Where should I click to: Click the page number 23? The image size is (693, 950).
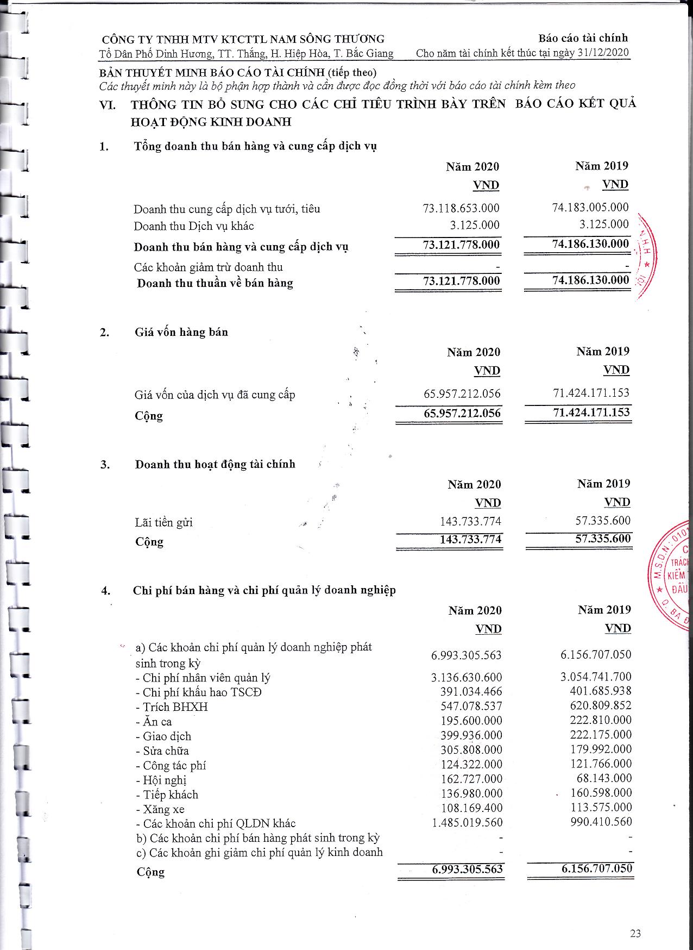635,934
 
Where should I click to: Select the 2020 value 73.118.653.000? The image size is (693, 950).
461,208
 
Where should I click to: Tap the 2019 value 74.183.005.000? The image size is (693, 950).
590,207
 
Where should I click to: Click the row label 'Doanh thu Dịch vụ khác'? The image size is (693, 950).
194,226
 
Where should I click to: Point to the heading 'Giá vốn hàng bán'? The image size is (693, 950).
181,332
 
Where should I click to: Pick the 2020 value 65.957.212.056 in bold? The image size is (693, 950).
462,413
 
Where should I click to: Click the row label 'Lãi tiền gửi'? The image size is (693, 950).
164,523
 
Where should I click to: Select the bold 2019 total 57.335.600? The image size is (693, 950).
603,539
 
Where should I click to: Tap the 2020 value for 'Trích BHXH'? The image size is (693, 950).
471,707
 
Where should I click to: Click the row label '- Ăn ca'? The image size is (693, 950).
154,722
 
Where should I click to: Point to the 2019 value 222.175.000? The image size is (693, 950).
601,735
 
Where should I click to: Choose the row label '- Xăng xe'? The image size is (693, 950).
160,809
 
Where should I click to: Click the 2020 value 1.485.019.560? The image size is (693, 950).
468,823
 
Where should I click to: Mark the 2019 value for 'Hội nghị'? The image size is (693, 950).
604,778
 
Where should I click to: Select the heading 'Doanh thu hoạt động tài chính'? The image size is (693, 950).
215,464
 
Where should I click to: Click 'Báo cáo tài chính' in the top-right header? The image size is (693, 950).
583,38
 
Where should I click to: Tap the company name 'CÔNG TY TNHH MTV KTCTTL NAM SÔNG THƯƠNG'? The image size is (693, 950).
243,39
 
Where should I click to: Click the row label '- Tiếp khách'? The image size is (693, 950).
167,795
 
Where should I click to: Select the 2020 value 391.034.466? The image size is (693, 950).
471,692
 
